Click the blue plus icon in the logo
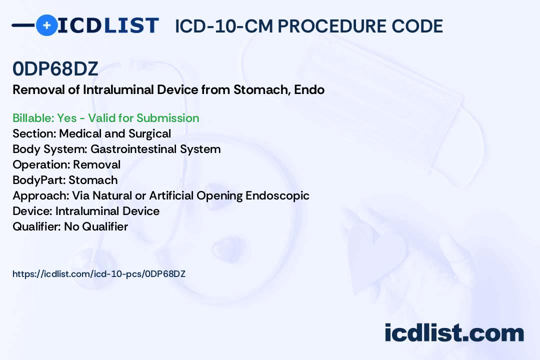point(46,25)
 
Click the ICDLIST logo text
point(108,25)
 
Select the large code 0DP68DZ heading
point(55,68)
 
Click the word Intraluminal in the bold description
point(118,89)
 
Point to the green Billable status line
point(105,118)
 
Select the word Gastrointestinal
point(133,149)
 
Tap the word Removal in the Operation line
point(97,164)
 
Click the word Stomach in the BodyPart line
point(93,180)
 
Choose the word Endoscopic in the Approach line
point(277,195)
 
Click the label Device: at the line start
point(32,211)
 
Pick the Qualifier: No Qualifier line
point(70,226)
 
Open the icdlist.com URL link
point(99,274)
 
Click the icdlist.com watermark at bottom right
point(454,333)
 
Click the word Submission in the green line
point(167,118)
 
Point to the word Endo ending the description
point(309,89)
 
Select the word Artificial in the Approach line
point(171,195)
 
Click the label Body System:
point(50,149)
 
